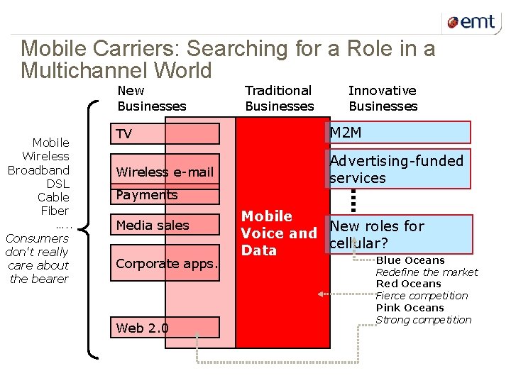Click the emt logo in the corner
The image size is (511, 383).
(471, 22)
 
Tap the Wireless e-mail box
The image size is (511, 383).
(166, 172)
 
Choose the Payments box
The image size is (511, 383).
(166, 195)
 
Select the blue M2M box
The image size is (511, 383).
(399, 133)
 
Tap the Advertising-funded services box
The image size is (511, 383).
(399, 170)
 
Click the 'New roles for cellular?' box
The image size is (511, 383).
(399, 234)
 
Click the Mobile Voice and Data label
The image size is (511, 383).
(278, 233)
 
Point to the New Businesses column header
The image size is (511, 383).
(151, 99)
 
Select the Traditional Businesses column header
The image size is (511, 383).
(279, 99)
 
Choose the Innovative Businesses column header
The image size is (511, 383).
(383, 99)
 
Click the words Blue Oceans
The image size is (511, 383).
(410, 260)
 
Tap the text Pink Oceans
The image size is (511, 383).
(410, 308)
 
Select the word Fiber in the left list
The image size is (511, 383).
(55, 211)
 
